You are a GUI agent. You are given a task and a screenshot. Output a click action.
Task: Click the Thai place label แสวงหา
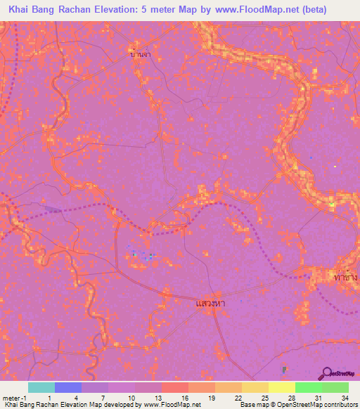pyautogui.click(x=210, y=304)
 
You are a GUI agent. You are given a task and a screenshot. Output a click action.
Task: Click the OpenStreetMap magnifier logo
pyautogui.click(x=327, y=373)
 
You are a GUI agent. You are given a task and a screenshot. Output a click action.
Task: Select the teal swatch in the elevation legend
pyautogui.click(x=41, y=387)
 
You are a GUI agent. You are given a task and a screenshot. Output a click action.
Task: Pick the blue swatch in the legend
pyautogui.click(x=68, y=387)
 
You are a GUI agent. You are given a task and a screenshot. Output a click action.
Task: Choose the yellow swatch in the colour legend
pyautogui.click(x=281, y=387)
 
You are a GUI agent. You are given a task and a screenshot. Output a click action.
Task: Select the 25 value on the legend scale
pyautogui.click(x=264, y=397)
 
